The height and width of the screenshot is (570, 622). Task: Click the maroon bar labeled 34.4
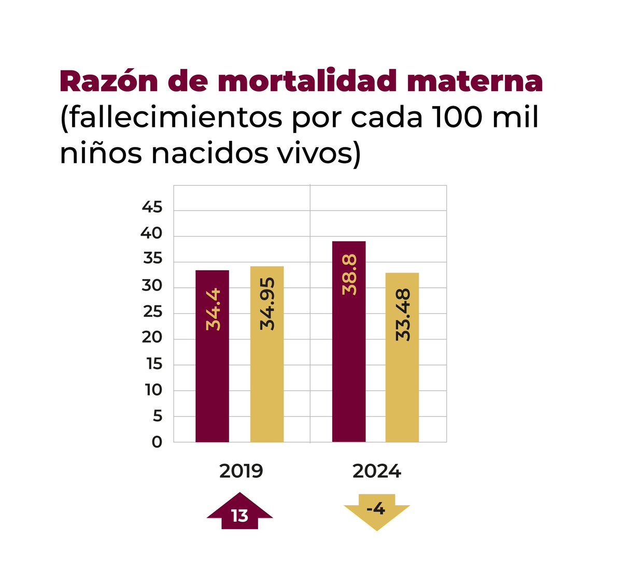point(212,356)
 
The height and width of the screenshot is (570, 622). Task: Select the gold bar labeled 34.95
point(267,354)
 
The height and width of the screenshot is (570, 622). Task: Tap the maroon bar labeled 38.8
point(348,342)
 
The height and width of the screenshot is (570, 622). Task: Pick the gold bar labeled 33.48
point(402,357)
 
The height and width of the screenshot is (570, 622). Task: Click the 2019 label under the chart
point(241,472)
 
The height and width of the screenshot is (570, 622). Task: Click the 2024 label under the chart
point(377,472)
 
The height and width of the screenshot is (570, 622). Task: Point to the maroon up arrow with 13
point(239,513)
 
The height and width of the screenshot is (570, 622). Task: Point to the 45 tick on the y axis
point(152,208)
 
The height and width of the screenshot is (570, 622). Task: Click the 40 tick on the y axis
point(151,234)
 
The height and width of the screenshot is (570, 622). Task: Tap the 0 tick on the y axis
point(157,442)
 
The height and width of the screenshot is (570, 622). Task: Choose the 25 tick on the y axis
point(152,312)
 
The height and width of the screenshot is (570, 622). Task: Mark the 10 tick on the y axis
point(153,390)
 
